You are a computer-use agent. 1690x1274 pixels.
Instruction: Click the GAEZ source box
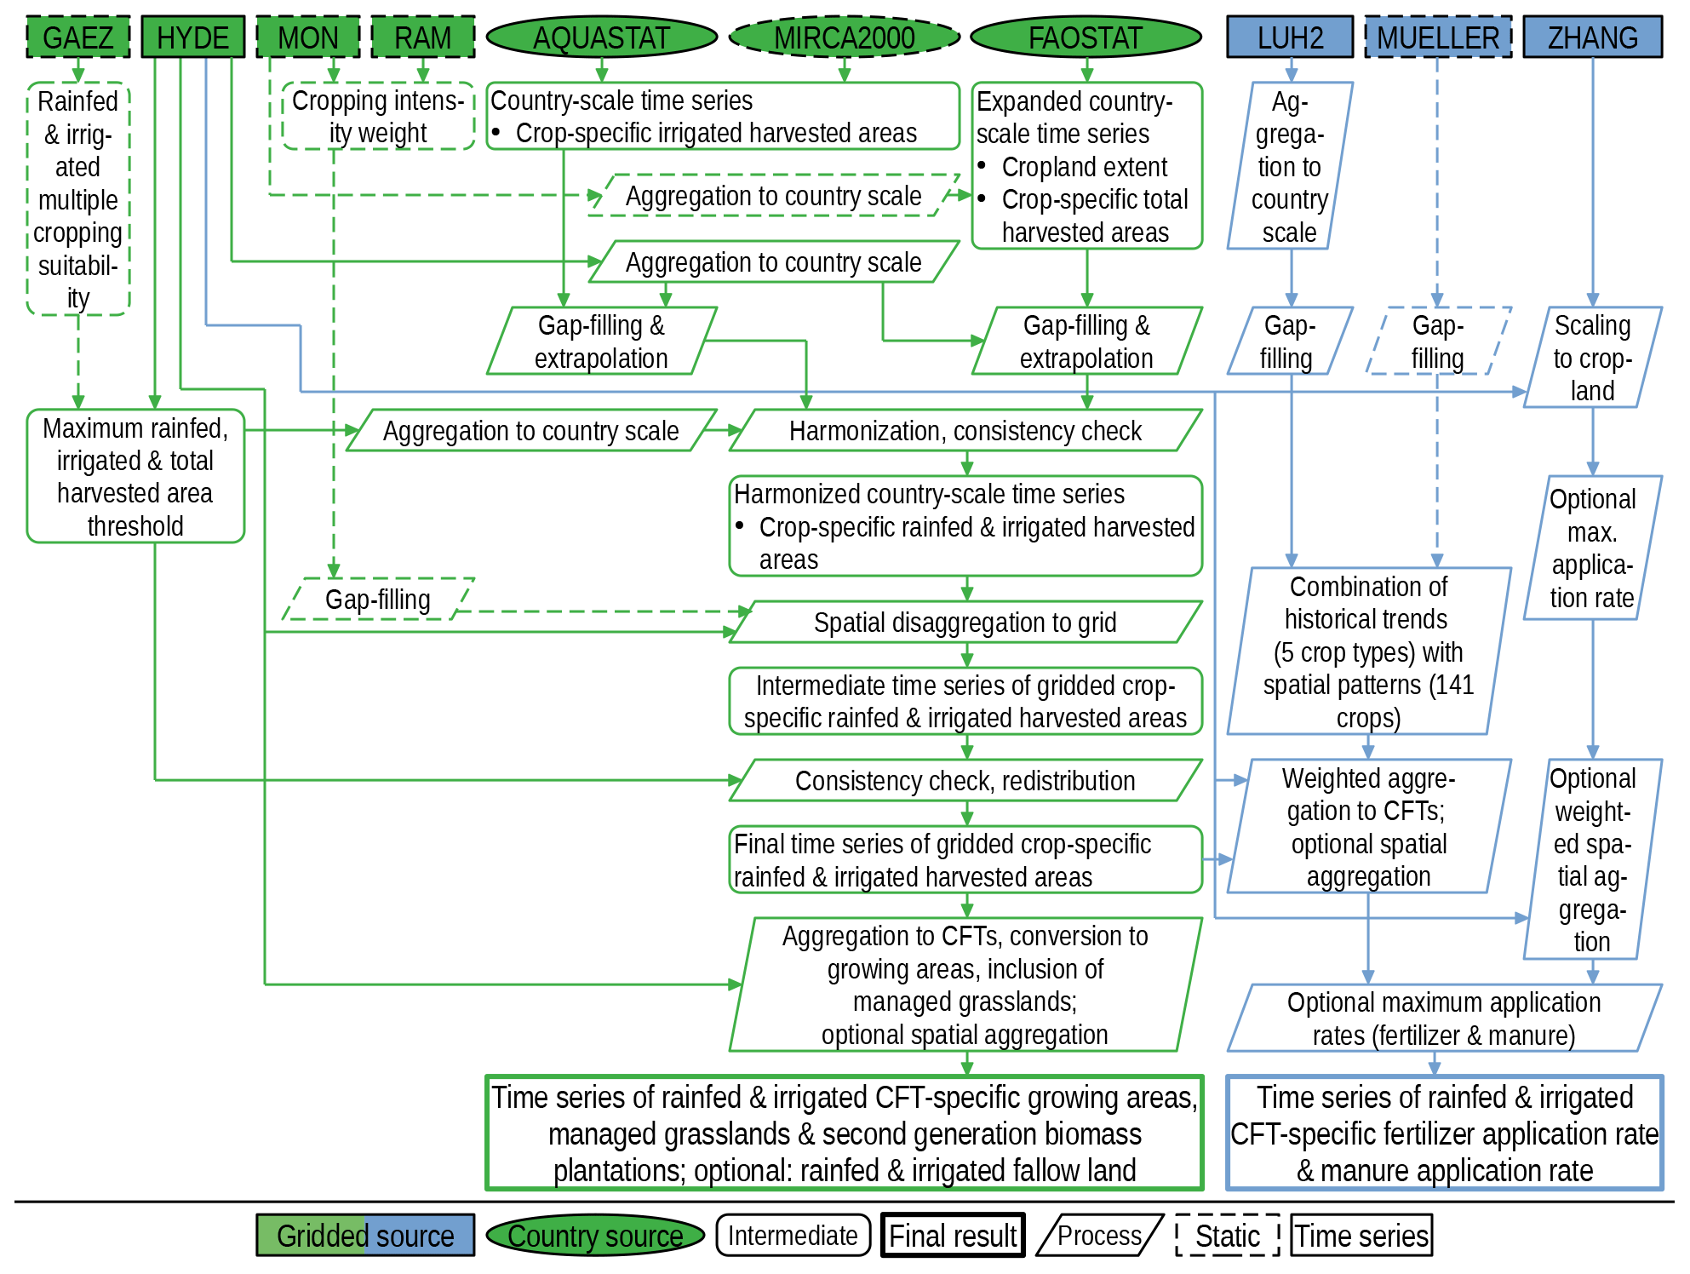tap(77, 37)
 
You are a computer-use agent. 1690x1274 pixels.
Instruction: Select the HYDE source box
tap(193, 37)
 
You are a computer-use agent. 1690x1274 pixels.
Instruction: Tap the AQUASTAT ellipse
tap(601, 37)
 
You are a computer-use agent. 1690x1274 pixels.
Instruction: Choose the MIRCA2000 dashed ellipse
tap(845, 37)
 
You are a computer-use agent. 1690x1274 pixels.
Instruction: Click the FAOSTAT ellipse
tap(1086, 37)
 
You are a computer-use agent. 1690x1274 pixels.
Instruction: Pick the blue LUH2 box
tap(1290, 37)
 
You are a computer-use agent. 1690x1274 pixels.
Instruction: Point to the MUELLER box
tap(1438, 37)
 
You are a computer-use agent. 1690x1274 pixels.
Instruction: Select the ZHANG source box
tap(1592, 37)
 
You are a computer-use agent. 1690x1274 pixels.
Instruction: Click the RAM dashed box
tap(423, 37)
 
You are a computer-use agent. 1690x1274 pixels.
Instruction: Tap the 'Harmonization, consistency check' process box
tap(965, 431)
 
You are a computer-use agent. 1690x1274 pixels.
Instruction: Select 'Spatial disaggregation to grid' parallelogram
tap(965, 623)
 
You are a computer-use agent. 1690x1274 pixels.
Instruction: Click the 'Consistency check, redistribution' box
tap(965, 781)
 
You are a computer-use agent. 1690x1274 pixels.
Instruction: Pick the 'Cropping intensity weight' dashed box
tap(378, 117)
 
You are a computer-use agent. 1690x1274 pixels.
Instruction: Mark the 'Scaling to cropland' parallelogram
tap(1592, 358)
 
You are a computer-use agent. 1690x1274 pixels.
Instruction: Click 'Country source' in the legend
tap(595, 1236)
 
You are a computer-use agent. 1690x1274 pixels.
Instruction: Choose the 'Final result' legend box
tap(953, 1236)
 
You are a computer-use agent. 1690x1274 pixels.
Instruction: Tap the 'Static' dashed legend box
tap(1227, 1236)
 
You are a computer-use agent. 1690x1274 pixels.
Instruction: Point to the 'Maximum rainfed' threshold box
tap(135, 477)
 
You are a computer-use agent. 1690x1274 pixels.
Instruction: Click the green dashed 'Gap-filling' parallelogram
tap(378, 600)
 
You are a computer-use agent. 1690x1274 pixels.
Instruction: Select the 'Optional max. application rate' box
tap(1592, 548)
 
